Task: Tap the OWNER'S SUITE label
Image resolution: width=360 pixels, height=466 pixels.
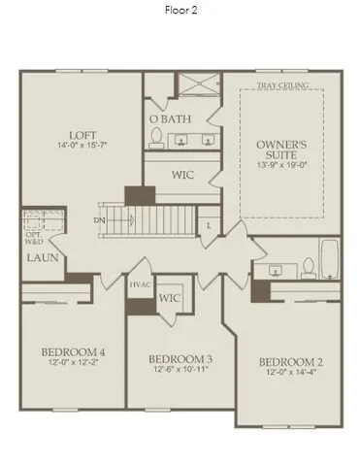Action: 281,150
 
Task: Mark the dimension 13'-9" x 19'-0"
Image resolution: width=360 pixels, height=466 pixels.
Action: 281,165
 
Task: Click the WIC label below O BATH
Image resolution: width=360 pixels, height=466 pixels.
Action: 183,176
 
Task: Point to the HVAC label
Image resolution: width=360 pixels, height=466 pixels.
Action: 140,286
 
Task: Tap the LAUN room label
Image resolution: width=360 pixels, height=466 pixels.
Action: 41,257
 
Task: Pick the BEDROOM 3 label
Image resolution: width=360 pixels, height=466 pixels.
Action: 176,359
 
